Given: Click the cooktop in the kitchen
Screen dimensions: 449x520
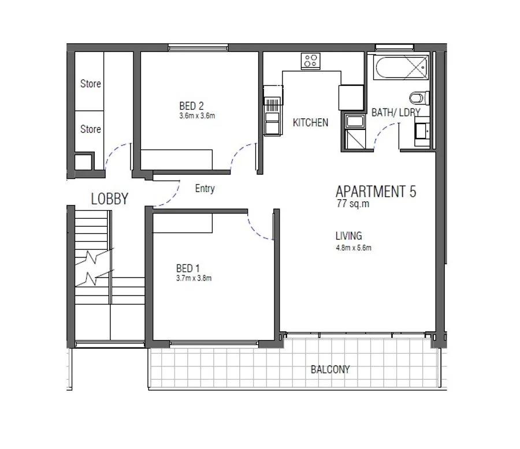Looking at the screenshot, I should coord(310,60).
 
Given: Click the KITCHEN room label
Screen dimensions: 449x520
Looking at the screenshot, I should coord(310,122).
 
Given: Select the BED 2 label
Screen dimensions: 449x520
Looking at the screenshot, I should coord(191,106).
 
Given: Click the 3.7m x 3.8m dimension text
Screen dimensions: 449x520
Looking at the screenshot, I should coord(194,278).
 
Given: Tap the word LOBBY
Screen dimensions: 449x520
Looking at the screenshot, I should coord(110,199).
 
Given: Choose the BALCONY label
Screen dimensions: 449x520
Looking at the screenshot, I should coord(330,369).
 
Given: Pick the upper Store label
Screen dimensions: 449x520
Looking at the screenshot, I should coord(90,84).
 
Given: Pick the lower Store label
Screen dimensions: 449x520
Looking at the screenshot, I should coord(90,129).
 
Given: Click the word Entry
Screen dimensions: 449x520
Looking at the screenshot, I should coord(205,189).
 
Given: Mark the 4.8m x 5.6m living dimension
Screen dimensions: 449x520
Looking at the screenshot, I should coord(353,248).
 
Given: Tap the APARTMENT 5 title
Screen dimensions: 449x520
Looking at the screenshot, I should coord(376,192).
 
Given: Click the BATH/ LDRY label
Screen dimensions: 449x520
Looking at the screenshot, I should coord(395,113).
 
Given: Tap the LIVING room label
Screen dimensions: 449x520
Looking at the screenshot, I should coord(349,236).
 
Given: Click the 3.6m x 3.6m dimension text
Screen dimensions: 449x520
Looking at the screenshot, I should coord(197,115).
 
